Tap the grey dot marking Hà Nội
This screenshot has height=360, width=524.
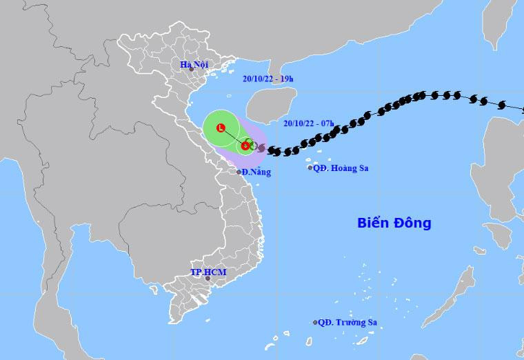(x=192, y=70)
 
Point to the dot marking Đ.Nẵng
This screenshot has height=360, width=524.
(x=239, y=172)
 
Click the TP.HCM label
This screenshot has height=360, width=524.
(x=208, y=272)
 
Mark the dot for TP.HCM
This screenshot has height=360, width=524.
(x=208, y=279)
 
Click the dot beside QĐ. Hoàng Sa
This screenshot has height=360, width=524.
(x=310, y=168)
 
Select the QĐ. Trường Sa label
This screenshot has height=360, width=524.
(x=349, y=322)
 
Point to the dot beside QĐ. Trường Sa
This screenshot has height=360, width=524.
(x=316, y=322)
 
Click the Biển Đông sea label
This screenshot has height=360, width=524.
(x=394, y=223)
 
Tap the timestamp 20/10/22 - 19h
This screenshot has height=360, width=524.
(x=268, y=79)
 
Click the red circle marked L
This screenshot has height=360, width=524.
(x=221, y=128)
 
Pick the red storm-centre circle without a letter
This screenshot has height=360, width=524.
(x=245, y=146)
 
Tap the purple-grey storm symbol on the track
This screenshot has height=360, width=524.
(x=261, y=148)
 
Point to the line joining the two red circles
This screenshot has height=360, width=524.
(x=233, y=137)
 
